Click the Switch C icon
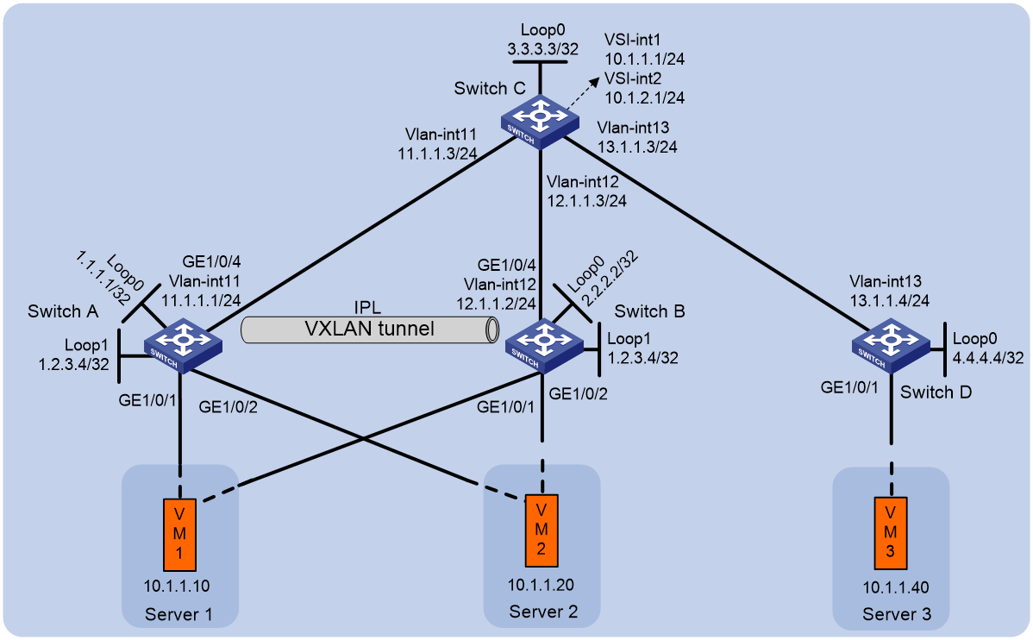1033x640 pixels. click(540, 122)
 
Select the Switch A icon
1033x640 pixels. click(183, 345)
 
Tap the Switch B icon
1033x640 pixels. click(544, 346)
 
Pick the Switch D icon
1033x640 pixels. click(891, 346)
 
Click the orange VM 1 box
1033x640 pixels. click(179, 535)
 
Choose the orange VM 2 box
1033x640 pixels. click(542, 530)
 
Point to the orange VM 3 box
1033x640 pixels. click(891, 533)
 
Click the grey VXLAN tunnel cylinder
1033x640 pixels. click(370, 329)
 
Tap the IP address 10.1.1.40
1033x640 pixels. click(896, 588)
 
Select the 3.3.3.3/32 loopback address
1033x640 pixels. click(543, 49)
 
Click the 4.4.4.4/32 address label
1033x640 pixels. click(988, 358)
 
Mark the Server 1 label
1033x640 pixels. click(178, 615)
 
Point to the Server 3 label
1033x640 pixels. click(897, 615)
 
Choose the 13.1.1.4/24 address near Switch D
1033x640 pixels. click(889, 300)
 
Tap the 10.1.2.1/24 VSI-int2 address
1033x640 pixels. click(644, 97)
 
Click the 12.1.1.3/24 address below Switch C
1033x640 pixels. click(586, 200)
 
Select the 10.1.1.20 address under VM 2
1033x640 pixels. click(541, 585)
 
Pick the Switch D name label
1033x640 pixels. click(936, 392)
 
